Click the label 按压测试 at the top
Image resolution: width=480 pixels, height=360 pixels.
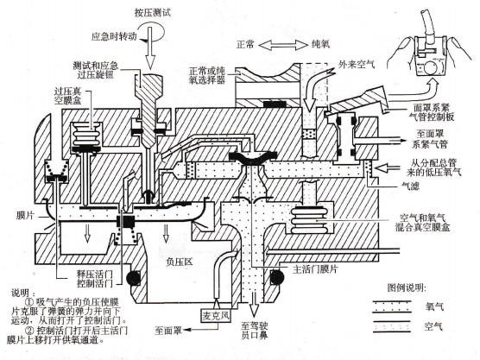pyautogui.click(x=153, y=13)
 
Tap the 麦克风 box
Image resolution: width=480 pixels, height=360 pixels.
pyautogui.click(x=216, y=316)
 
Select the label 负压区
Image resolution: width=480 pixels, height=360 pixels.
pyautogui.click(x=179, y=262)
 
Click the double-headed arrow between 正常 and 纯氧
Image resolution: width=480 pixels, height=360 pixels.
pyautogui.click(x=282, y=45)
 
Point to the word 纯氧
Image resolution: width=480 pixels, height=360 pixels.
pyautogui.click(x=321, y=45)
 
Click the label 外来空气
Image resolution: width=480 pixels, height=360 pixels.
pyautogui.click(x=357, y=64)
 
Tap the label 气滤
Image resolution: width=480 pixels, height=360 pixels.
pyautogui.click(x=410, y=186)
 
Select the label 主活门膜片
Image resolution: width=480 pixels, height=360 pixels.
pyautogui.click(x=315, y=269)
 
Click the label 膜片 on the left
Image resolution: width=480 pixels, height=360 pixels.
pyautogui.click(x=25, y=216)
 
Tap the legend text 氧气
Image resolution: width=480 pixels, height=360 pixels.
pyautogui.click(x=434, y=306)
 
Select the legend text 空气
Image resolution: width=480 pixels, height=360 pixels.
pyautogui.click(x=433, y=326)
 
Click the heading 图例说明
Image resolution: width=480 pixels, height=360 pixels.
pyautogui.click(x=407, y=287)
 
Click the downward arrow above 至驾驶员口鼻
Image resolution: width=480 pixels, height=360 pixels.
pyautogui.click(x=254, y=304)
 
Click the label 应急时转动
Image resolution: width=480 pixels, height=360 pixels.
pyautogui.click(x=114, y=36)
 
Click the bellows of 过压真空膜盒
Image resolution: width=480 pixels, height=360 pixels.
pyautogui.click(x=86, y=135)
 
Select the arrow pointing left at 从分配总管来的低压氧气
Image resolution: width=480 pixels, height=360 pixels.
pyautogui.click(x=388, y=167)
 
